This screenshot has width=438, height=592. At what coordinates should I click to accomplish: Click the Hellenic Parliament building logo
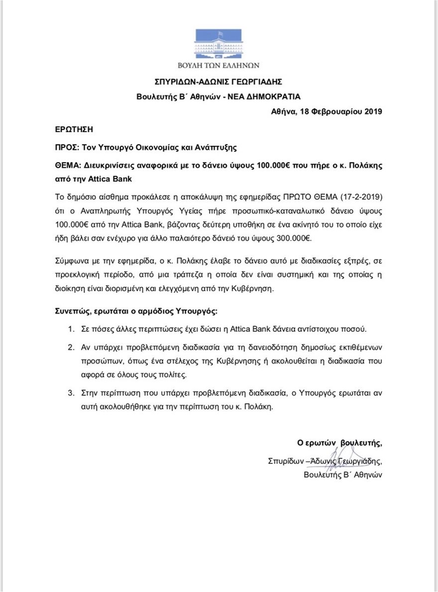219,44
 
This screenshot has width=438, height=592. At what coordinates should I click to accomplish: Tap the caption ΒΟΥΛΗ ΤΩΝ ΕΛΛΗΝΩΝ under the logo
219,65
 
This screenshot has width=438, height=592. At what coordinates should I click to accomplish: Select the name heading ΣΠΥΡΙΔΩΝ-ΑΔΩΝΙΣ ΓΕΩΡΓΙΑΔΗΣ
219,81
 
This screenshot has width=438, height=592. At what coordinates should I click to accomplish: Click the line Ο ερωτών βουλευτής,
339,442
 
